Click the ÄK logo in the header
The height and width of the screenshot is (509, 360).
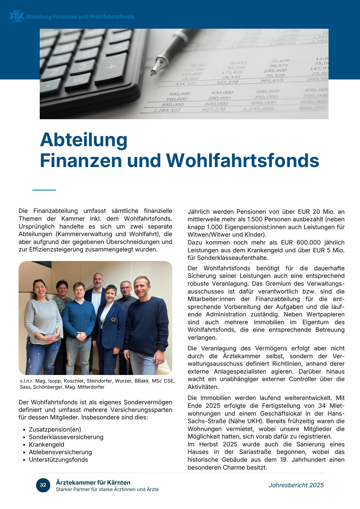click(17, 16)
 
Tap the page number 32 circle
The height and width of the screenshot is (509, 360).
click(43, 485)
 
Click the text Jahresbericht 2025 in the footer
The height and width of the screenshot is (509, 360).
click(296, 485)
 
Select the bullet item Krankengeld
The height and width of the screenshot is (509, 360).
click(46, 445)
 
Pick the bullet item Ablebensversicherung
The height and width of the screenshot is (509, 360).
click(60, 452)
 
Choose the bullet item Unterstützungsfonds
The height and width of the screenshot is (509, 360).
click(58, 460)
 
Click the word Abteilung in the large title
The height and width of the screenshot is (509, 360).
click(84, 140)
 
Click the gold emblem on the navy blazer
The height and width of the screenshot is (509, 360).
click(113, 320)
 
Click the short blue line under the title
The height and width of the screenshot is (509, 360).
click(44, 190)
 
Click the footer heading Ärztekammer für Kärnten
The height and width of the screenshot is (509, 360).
click(93, 483)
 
